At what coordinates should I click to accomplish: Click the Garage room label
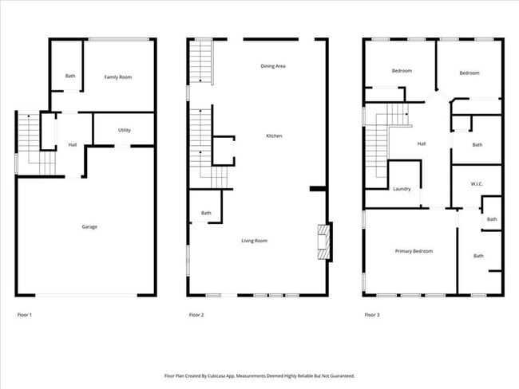[89, 227]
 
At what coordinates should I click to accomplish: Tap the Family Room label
[118, 77]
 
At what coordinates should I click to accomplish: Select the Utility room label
[125, 130]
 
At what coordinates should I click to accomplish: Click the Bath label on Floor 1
[70, 77]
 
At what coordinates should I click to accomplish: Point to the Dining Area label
[273, 66]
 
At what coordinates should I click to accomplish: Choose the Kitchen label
[274, 136]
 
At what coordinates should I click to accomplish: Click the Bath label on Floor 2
[206, 213]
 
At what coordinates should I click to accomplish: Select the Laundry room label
[402, 189]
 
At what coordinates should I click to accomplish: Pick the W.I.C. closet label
[477, 184]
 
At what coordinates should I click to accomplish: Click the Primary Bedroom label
[414, 251]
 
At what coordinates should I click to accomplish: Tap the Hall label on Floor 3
[422, 144]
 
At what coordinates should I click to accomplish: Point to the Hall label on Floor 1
[72, 144]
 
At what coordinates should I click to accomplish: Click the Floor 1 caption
[25, 316]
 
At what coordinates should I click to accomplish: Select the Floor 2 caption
[196, 316]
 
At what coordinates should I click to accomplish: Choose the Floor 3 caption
[372, 316]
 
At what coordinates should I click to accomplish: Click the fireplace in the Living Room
[324, 242]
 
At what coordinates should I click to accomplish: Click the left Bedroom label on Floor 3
[402, 71]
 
